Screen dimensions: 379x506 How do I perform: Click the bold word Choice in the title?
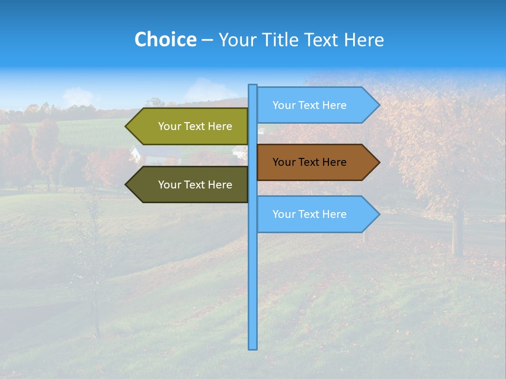click(165, 39)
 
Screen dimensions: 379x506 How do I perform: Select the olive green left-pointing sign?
click(195, 126)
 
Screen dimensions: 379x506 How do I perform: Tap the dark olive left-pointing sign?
click(195, 185)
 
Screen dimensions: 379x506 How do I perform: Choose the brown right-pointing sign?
click(310, 162)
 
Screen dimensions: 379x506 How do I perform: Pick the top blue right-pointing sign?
click(310, 105)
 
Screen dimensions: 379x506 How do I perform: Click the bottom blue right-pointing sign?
click(310, 214)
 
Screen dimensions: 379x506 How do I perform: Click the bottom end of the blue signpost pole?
click(253, 347)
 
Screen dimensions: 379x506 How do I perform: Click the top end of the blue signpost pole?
click(253, 86)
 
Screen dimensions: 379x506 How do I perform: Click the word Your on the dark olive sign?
click(169, 185)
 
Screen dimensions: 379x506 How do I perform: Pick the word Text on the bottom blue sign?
click(310, 214)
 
